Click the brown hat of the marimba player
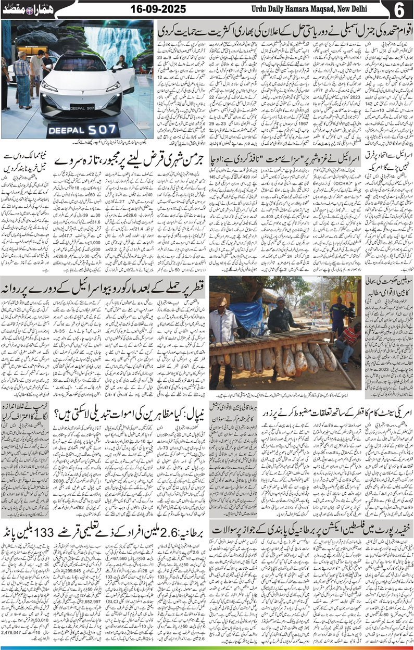221,302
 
